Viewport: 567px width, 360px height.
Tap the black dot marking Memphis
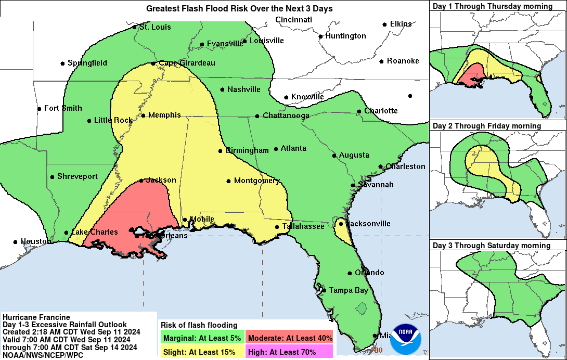(143, 115)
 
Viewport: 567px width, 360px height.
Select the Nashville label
(243, 89)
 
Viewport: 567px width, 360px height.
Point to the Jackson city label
(161, 180)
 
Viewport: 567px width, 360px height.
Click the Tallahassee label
(303, 226)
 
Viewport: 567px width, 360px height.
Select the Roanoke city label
(403, 61)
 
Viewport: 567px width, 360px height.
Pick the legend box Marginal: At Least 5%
(202, 338)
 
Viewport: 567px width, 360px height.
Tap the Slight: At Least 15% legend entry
(202, 352)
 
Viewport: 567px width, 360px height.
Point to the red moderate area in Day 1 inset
(473, 75)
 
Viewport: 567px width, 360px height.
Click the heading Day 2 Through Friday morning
(487, 126)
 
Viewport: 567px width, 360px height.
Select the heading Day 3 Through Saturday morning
(492, 246)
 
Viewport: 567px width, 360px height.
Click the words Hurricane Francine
(36, 317)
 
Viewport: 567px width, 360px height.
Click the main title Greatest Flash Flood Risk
(239, 8)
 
